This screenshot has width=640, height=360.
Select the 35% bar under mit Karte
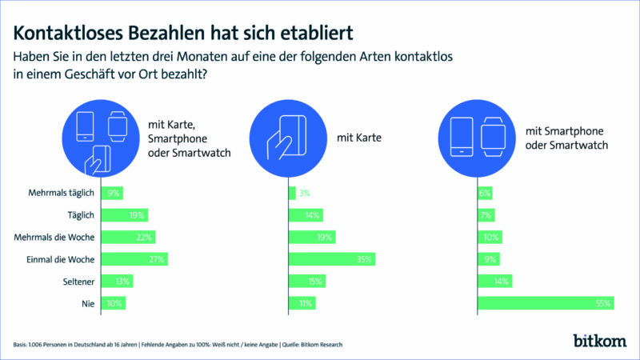(332, 259)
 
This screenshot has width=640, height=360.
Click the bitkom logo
(599, 340)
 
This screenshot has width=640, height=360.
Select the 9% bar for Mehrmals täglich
(114, 193)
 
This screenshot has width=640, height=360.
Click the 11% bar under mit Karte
(305, 303)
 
